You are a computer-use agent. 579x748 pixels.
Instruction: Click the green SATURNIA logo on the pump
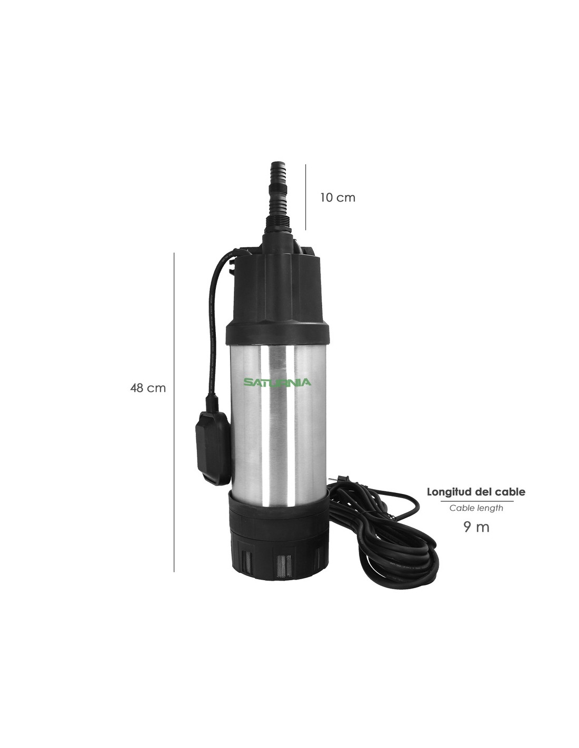(277, 382)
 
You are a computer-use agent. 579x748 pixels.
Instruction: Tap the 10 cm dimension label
(337, 198)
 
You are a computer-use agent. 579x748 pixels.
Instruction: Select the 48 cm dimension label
(148, 388)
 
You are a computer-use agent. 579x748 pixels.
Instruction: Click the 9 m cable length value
(476, 527)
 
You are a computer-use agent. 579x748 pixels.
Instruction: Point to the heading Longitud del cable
(476, 491)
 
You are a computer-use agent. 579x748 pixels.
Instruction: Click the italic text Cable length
(476, 508)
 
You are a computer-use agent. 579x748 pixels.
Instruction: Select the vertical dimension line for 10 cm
(305, 197)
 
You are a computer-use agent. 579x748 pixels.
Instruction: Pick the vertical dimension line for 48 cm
(174, 412)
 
